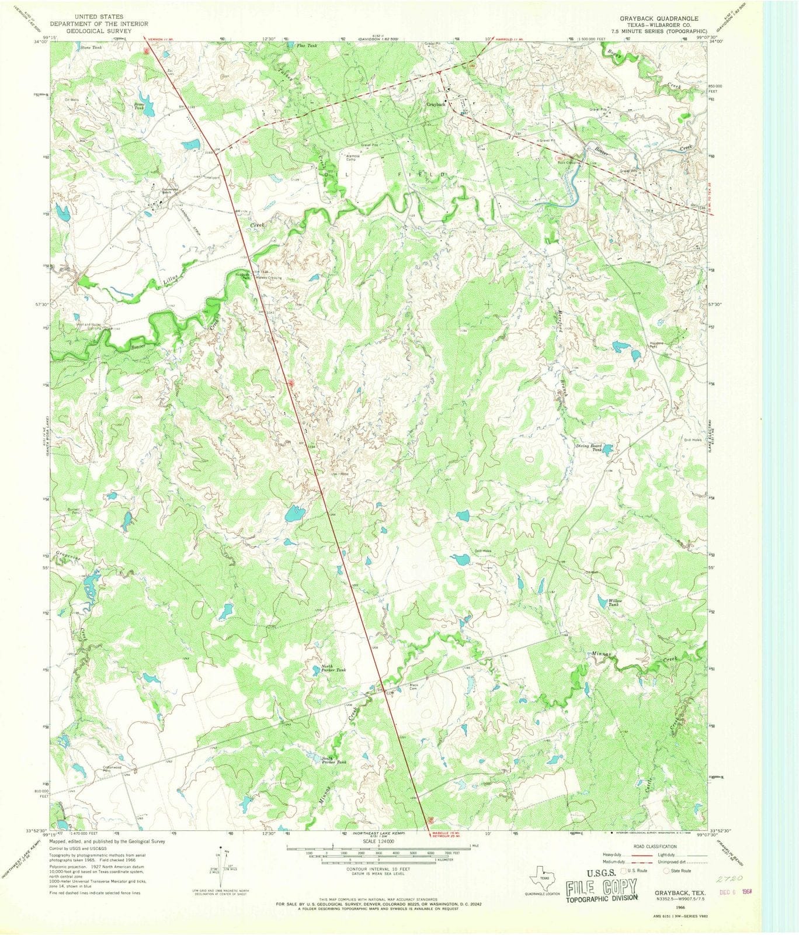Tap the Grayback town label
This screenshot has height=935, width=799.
tap(436, 104)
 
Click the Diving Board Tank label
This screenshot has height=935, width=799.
tap(588, 447)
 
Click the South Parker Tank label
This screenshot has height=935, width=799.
tap(334, 761)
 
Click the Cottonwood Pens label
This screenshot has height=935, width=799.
tap(112, 769)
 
